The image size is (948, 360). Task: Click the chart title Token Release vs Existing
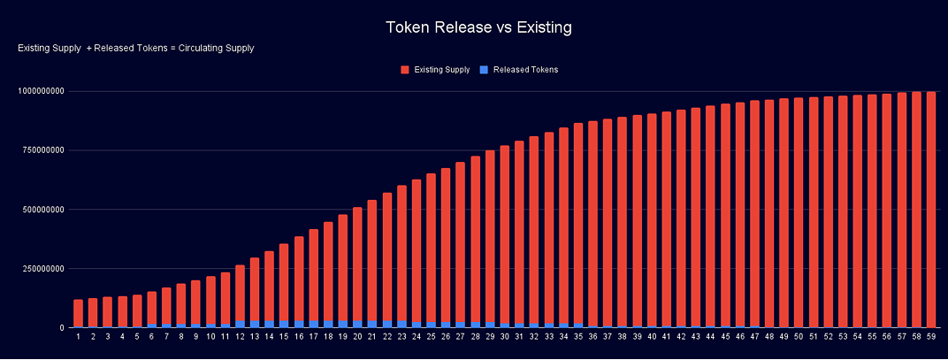(478, 27)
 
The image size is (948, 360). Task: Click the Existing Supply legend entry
(434, 69)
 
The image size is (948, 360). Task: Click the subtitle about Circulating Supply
(136, 48)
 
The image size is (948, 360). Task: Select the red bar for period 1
(79, 313)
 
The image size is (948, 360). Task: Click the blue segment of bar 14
(270, 324)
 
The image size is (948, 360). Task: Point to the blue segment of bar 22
(387, 324)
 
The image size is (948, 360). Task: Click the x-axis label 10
(210, 336)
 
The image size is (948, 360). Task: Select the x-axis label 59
(929, 336)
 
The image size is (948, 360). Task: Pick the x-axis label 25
(431, 336)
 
